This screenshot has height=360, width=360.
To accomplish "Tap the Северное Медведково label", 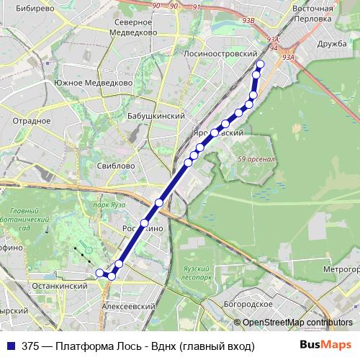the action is [x=135, y=27].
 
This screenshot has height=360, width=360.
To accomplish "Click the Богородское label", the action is [x=248, y=304].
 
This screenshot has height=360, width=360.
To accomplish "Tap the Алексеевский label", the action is [x=129, y=307].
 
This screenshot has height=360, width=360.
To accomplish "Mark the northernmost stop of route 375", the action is [x=260, y=65].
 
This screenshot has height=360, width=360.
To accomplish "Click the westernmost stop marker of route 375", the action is [x=99, y=272].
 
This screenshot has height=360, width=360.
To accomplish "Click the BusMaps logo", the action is [x=325, y=345].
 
